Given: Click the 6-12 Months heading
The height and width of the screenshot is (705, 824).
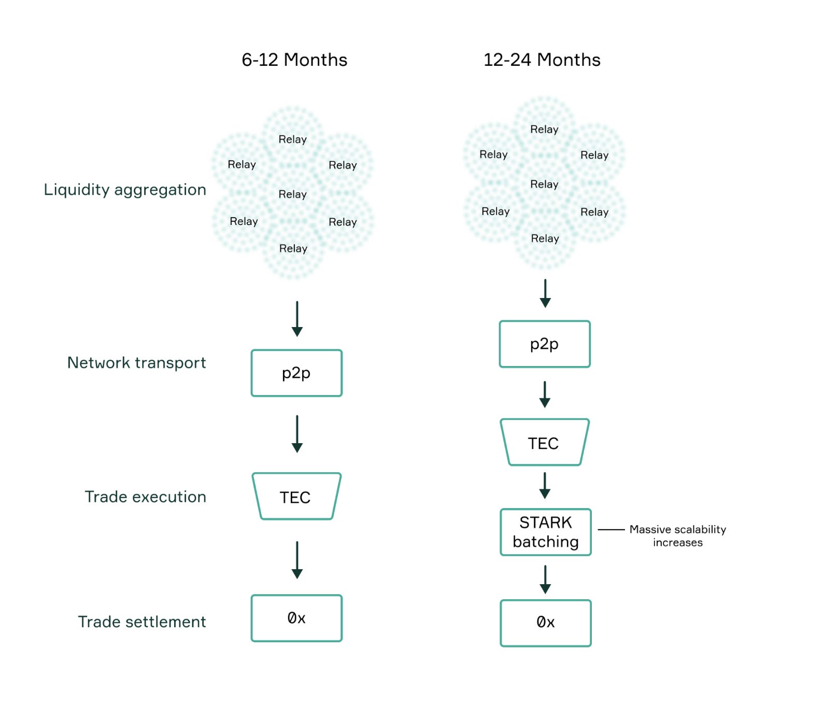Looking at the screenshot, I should coord(294,60).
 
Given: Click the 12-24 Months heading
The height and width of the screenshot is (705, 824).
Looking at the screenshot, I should coord(542,60).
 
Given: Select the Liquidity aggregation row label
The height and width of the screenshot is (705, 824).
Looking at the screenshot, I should coord(125,190).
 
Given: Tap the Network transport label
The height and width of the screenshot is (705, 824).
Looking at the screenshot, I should coord(136,363).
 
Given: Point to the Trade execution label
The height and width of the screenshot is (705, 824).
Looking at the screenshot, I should coord(145,497).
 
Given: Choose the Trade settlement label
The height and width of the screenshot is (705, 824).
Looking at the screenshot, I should coord(142,622).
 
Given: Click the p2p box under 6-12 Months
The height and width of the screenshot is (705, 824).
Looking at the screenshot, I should coord(296,373).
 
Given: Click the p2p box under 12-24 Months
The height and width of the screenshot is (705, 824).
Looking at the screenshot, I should coord(544,344).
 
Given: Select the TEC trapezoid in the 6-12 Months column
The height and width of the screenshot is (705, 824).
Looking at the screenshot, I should coord(296,497).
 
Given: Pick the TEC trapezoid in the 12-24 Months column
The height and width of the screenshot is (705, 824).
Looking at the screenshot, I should coord(544,443).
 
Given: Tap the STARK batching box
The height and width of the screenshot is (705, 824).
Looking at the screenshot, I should coord(545,532).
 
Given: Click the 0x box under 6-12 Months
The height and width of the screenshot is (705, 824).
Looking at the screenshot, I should coord(296,618).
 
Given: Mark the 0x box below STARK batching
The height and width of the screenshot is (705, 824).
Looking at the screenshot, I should coord(545,623).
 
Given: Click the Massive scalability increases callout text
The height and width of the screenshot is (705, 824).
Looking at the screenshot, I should coord(677,535).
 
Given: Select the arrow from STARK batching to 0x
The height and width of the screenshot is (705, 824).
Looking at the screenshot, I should coord(545,579).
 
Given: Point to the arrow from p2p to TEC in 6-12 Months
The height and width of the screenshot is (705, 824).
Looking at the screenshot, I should coord(297,433).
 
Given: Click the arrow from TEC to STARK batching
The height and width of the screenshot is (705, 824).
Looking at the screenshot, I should coord(545,485).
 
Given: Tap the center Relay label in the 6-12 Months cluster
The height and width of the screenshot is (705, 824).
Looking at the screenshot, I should coord(293,194).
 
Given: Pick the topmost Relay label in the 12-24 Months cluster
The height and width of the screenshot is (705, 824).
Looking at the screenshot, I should coord(544,130).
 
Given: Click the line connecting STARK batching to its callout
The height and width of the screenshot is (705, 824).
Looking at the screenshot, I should coord(611,529).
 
